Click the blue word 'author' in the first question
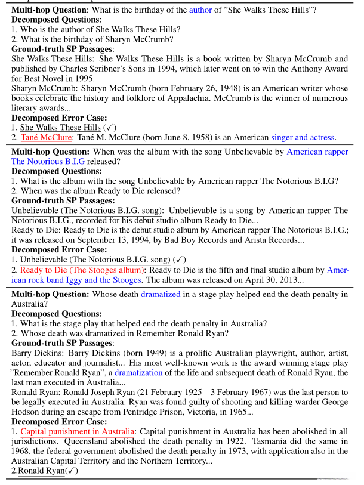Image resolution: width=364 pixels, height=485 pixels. coord(200,10)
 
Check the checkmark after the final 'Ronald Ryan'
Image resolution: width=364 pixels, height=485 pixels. coord(71,471)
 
